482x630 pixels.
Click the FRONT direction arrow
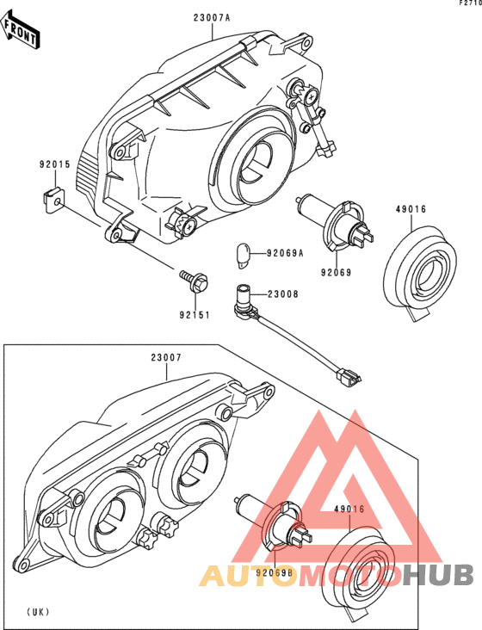coord(20,30)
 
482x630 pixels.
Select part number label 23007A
coord(212,18)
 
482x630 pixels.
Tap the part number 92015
coord(54,164)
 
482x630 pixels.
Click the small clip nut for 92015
coord(53,200)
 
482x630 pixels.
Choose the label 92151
coord(195,315)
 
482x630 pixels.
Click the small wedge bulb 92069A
coord(243,256)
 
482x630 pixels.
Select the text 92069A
coord(285,253)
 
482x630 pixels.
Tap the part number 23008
coord(283,294)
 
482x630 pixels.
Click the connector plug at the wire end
coord(349,377)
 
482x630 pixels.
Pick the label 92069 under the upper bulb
coord(336,273)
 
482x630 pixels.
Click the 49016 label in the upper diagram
coord(411,209)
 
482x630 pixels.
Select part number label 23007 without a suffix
coord(166,357)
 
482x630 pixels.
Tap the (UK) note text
coord(38,612)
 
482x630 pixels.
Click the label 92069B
coord(275,573)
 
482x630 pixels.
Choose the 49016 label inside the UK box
coord(349,509)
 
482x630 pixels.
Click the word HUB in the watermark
coord(439,575)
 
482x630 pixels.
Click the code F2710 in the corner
coord(471,3)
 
